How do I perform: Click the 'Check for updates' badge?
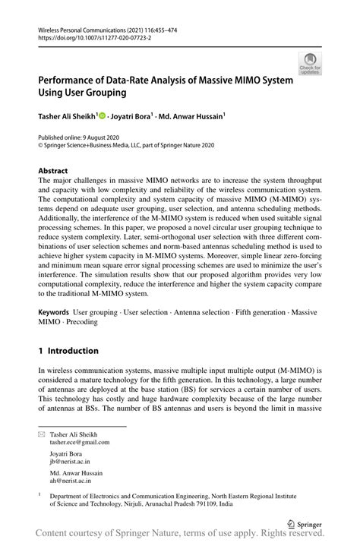[x=309, y=63]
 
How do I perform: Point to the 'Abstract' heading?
[x=53, y=171]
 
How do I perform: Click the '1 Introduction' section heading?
[x=68, y=351]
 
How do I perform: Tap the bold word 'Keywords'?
[x=54, y=312]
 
